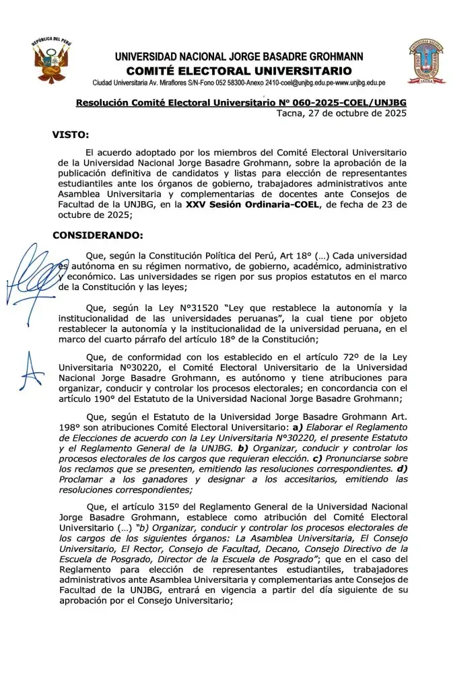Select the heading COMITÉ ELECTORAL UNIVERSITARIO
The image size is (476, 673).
point(238,71)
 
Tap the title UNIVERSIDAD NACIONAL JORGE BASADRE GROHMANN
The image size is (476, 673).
point(238,57)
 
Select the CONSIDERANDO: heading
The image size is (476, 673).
point(98,236)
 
